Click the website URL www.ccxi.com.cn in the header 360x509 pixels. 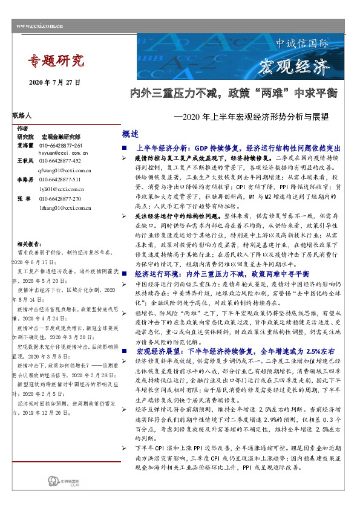[x=40, y=26]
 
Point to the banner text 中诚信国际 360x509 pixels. [x=302, y=44]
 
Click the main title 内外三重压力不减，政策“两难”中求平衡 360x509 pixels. [x=234, y=94]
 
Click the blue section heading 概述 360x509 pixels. [x=130, y=134]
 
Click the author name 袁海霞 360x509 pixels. [x=25, y=146]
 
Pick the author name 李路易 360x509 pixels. [x=25, y=180]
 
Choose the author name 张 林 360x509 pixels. [x=25, y=198]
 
